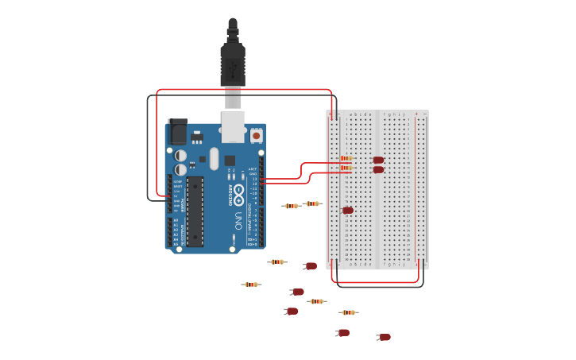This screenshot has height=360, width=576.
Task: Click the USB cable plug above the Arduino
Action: tap(233, 64)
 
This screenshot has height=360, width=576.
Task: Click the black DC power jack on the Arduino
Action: tap(177, 131)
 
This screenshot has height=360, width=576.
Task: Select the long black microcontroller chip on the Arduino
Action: tap(195, 211)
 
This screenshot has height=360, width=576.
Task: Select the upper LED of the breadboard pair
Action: tap(378, 160)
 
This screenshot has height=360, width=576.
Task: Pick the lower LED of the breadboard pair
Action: tap(378, 169)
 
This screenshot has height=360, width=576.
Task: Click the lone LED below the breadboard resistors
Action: tap(348, 210)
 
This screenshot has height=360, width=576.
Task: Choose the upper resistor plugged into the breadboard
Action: tap(346, 159)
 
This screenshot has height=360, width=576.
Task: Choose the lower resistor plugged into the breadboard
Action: tap(346, 168)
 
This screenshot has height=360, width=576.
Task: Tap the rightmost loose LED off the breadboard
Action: tap(385, 337)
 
